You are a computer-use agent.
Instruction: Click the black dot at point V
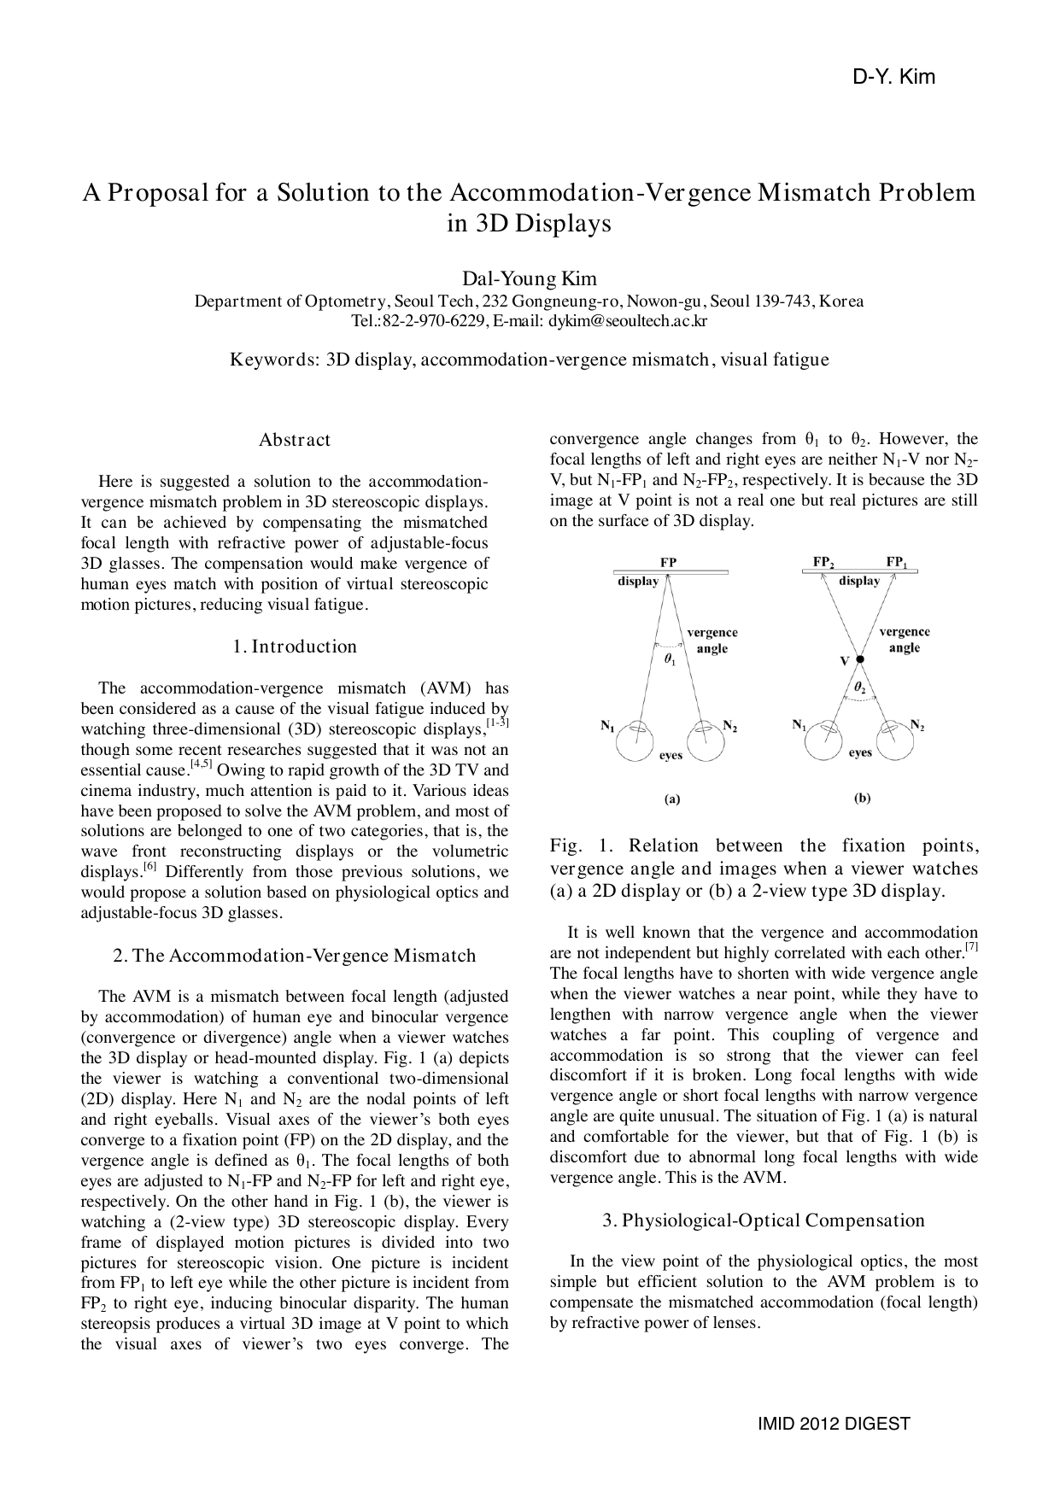pyautogui.click(x=860, y=659)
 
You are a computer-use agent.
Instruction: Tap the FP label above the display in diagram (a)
pyautogui.click(x=669, y=564)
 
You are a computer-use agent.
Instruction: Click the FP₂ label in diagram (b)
pyautogui.click(x=823, y=563)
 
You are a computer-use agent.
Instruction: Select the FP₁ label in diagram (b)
pyautogui.click(x=897, y=563)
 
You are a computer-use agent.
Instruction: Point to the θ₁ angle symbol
pyautogui.click(x=669, y=659)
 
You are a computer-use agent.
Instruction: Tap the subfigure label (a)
pyautogui.click(x=672, y=799)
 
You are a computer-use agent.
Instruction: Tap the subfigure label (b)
pyautogui.click(x=862, y=799)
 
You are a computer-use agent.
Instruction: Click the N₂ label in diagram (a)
pyautogui.click(x=729, y=727)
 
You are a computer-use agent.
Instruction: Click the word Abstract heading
pyautogui.click(x=294, y=440)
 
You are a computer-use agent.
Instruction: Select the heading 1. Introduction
pyautogui.click(x=295, y=647)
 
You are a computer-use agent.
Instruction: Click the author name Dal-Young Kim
pyautogui.click(x=529, y=278)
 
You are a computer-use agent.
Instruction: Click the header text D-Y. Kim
pyautogui.click(x=893, y=78)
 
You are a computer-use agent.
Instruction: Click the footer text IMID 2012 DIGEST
pyautogui.click(x=834, y=1424)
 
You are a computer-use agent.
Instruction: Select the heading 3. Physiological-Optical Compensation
pyautogui.click(x=764, y=1220)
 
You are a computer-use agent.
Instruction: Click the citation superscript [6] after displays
pyautogui.click(x=149, y=868)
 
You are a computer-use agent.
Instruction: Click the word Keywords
pyautogui.click(x=274, y=360)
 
